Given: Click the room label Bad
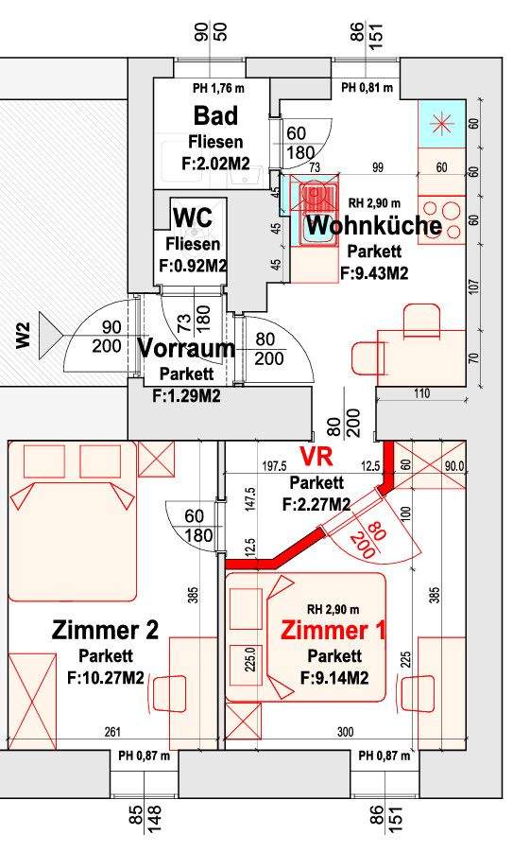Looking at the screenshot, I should tap(215, 116).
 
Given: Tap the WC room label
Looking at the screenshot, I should tap(192, 217).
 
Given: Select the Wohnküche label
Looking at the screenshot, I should tap(374, 226).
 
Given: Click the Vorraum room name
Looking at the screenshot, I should tap(186, 348).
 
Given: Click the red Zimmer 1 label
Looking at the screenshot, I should tap(333, 631).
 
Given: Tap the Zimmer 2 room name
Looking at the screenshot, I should tap(106, 630).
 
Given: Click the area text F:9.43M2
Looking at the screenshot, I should tap(374, 274).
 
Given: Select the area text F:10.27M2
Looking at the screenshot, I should tap(106, 677).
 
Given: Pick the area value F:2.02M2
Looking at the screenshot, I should tap(215, 165).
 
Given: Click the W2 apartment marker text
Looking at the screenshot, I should tap(24, 336).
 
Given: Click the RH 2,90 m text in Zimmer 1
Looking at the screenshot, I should tap(333, 608).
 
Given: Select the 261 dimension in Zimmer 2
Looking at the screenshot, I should tap(113, 732).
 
